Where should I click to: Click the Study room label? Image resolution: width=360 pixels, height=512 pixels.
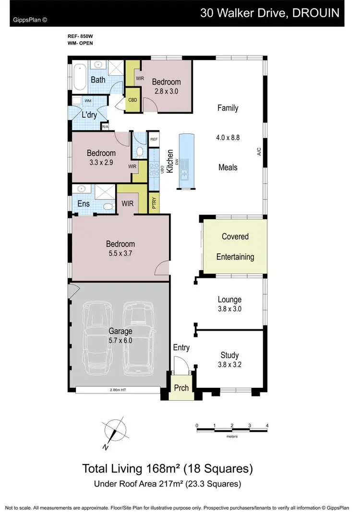229,356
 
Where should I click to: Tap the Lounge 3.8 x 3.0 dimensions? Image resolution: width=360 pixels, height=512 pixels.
229,309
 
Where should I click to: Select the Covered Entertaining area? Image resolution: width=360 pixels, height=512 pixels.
235,247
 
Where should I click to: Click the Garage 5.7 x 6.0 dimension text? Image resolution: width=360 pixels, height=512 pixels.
120,340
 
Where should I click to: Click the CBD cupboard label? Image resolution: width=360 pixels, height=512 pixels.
133,101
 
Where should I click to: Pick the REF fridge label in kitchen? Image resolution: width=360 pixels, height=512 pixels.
154,140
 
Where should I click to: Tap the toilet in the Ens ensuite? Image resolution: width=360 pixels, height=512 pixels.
108,206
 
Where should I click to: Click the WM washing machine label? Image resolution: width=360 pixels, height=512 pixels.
88,101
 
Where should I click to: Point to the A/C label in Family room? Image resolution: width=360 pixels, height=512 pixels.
258,152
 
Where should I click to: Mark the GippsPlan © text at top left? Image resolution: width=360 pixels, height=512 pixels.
30,20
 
